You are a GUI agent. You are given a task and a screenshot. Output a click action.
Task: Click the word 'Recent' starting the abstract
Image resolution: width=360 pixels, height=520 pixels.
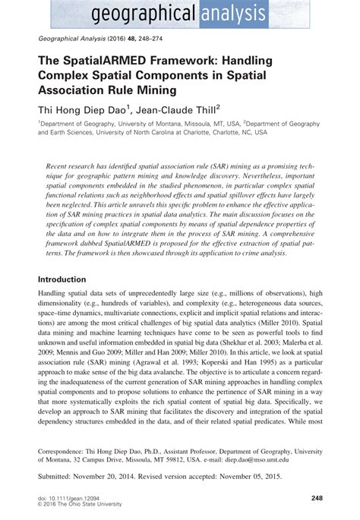pos(62,165)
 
